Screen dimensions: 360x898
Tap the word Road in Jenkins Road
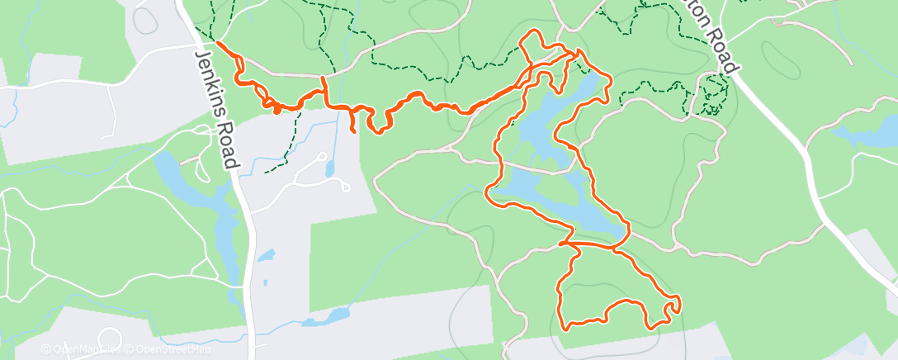[229, 148]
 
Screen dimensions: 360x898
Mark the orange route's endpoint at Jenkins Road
[217, 41]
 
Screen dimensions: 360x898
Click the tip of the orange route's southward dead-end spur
[354, 130]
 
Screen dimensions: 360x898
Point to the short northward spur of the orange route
[324, 80]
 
